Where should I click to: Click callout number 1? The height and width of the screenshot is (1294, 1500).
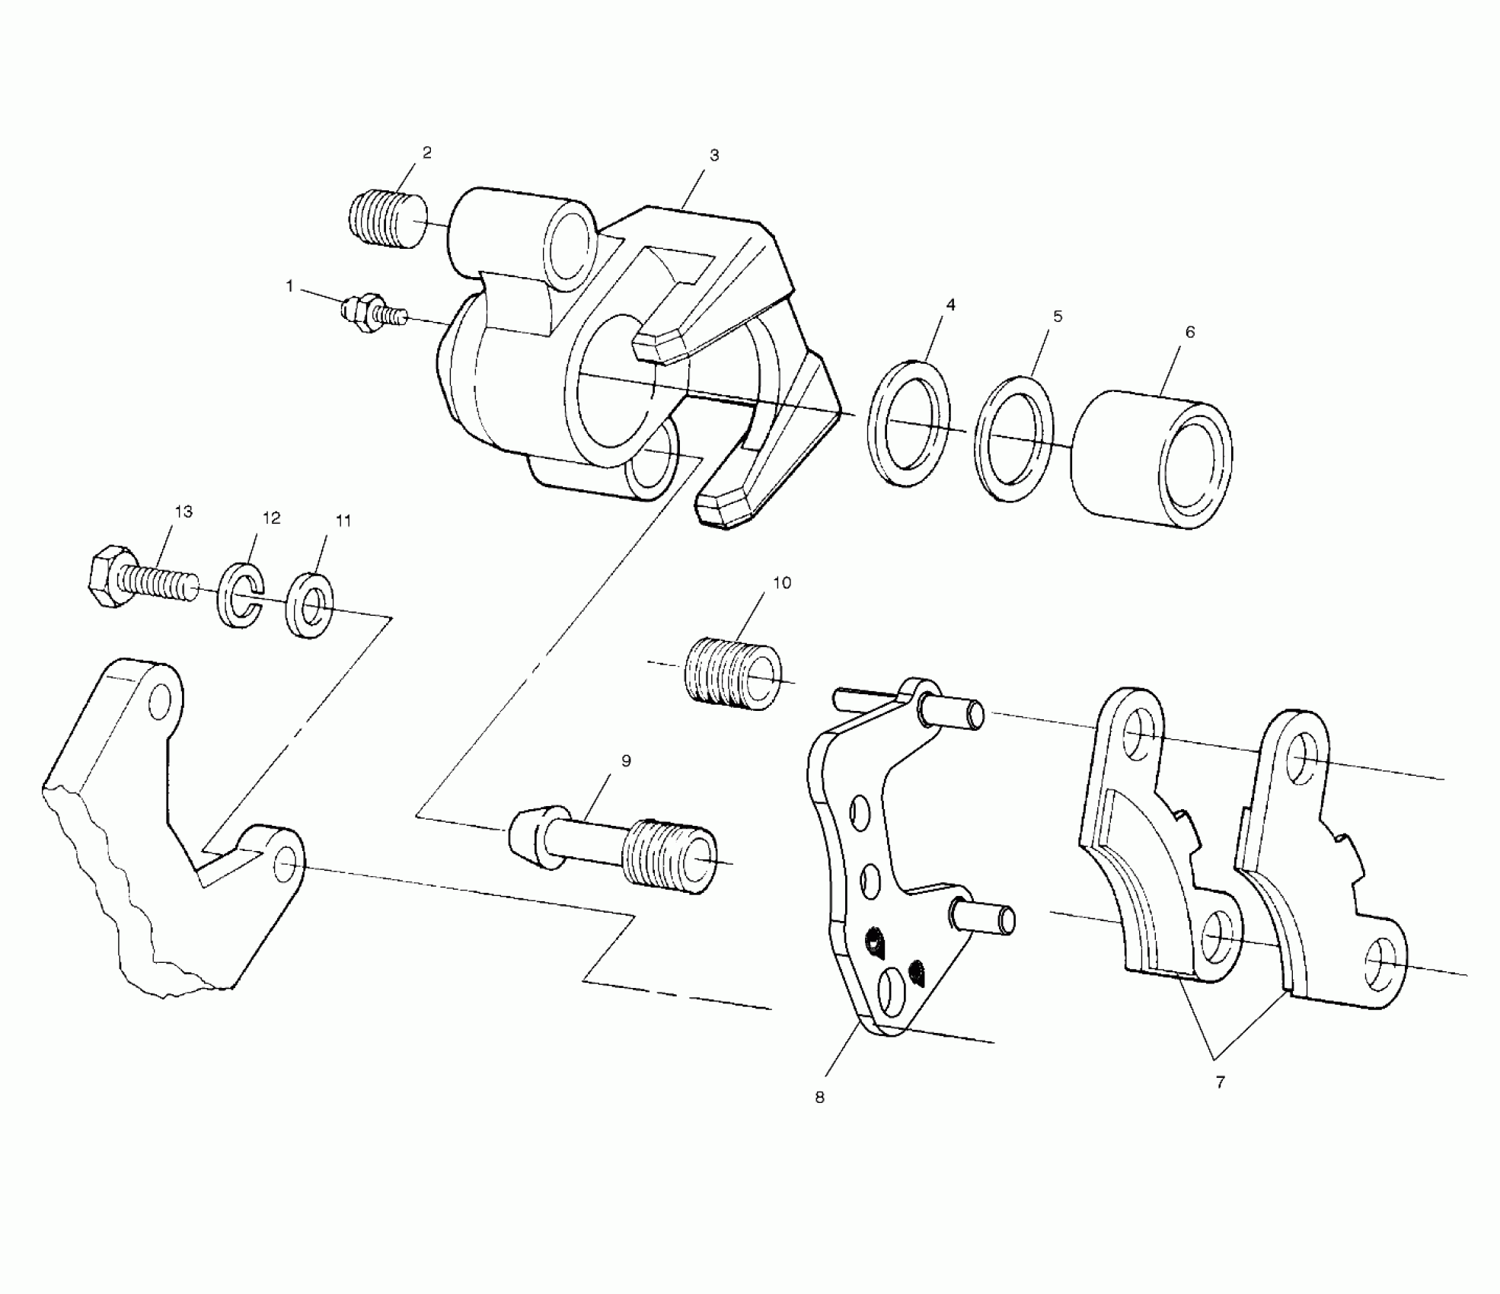289,286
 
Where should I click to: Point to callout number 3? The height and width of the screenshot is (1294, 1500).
713,155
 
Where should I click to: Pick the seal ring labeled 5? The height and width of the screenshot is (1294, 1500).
1014,438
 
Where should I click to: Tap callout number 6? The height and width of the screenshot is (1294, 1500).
1190,332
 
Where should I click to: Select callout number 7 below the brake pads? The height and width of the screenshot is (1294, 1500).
1220,1082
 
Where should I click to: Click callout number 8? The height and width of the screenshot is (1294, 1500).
819,1098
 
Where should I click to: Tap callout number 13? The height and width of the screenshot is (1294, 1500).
184,512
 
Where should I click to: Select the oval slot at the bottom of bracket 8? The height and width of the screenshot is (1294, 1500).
891,992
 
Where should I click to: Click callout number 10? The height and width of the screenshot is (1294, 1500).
782,583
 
